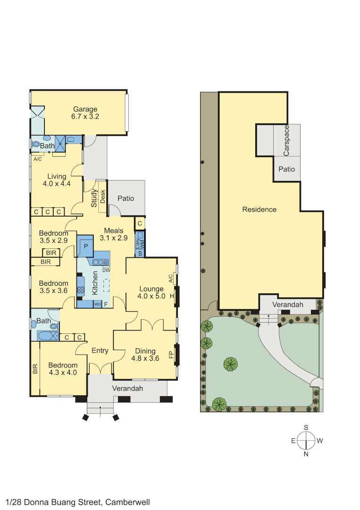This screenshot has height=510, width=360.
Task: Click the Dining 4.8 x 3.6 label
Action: coord(145,354)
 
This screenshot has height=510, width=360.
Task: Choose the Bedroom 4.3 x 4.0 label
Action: coord(63,368)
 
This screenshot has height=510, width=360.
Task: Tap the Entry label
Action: coord(100,350)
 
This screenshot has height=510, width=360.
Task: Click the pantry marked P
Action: coord(85,246)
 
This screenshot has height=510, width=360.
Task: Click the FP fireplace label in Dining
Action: coord(171,354)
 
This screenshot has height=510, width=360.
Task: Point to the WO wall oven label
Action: coord(98,304)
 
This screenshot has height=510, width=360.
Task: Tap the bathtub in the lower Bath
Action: coord(48,336)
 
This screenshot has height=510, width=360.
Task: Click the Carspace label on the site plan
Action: coord(286,140)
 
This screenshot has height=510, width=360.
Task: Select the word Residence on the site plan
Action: coord(259,209)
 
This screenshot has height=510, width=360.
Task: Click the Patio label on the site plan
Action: coord(286,169)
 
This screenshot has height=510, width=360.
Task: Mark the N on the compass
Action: coord(306,454)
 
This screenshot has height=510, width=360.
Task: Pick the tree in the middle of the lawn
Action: coord(230,364)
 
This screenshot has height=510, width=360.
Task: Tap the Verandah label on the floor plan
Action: coord(127,388)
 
